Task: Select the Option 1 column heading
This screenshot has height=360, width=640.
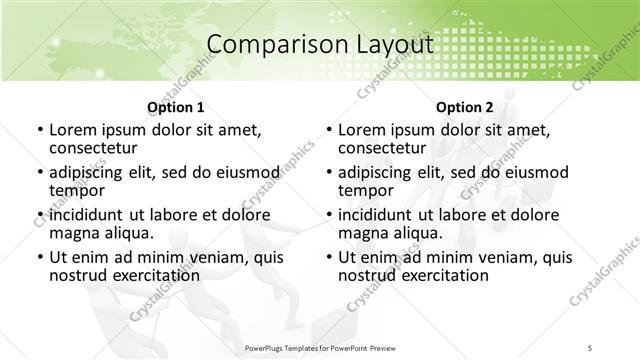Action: pyautogui.click(x=175, y=107)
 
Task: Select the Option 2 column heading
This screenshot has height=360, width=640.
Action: pyautogui.click(x=464, y=107)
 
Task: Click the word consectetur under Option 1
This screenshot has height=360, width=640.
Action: pyautogui.click(x=93, y=149)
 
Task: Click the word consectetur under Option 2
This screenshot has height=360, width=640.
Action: pyautogui.click(x=382, y=149)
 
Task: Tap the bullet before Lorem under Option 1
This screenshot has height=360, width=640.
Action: pyautogui.click(x=39, y=131)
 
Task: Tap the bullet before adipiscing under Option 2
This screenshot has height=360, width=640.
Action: pyautogui.click(x=329, y=173)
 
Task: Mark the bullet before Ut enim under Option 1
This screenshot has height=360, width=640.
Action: pyautogui.click(x=39, y=257)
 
